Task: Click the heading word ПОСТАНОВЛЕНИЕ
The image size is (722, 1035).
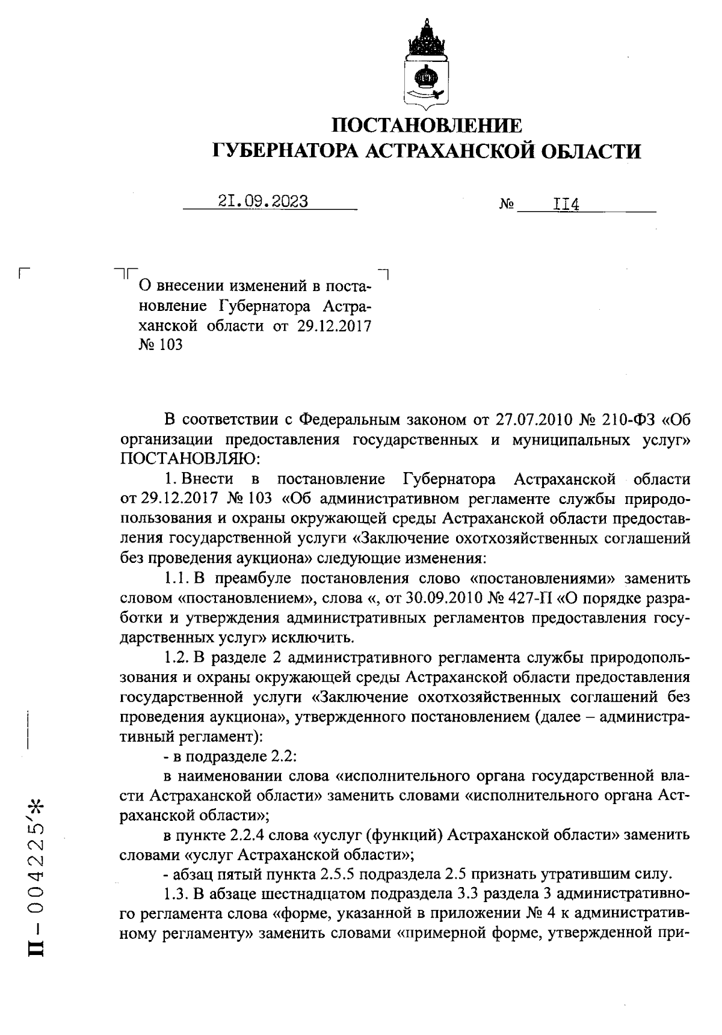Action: point(428,126)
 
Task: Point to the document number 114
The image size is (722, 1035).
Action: point(566,205)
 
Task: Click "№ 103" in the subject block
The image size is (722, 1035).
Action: point(161,345)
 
